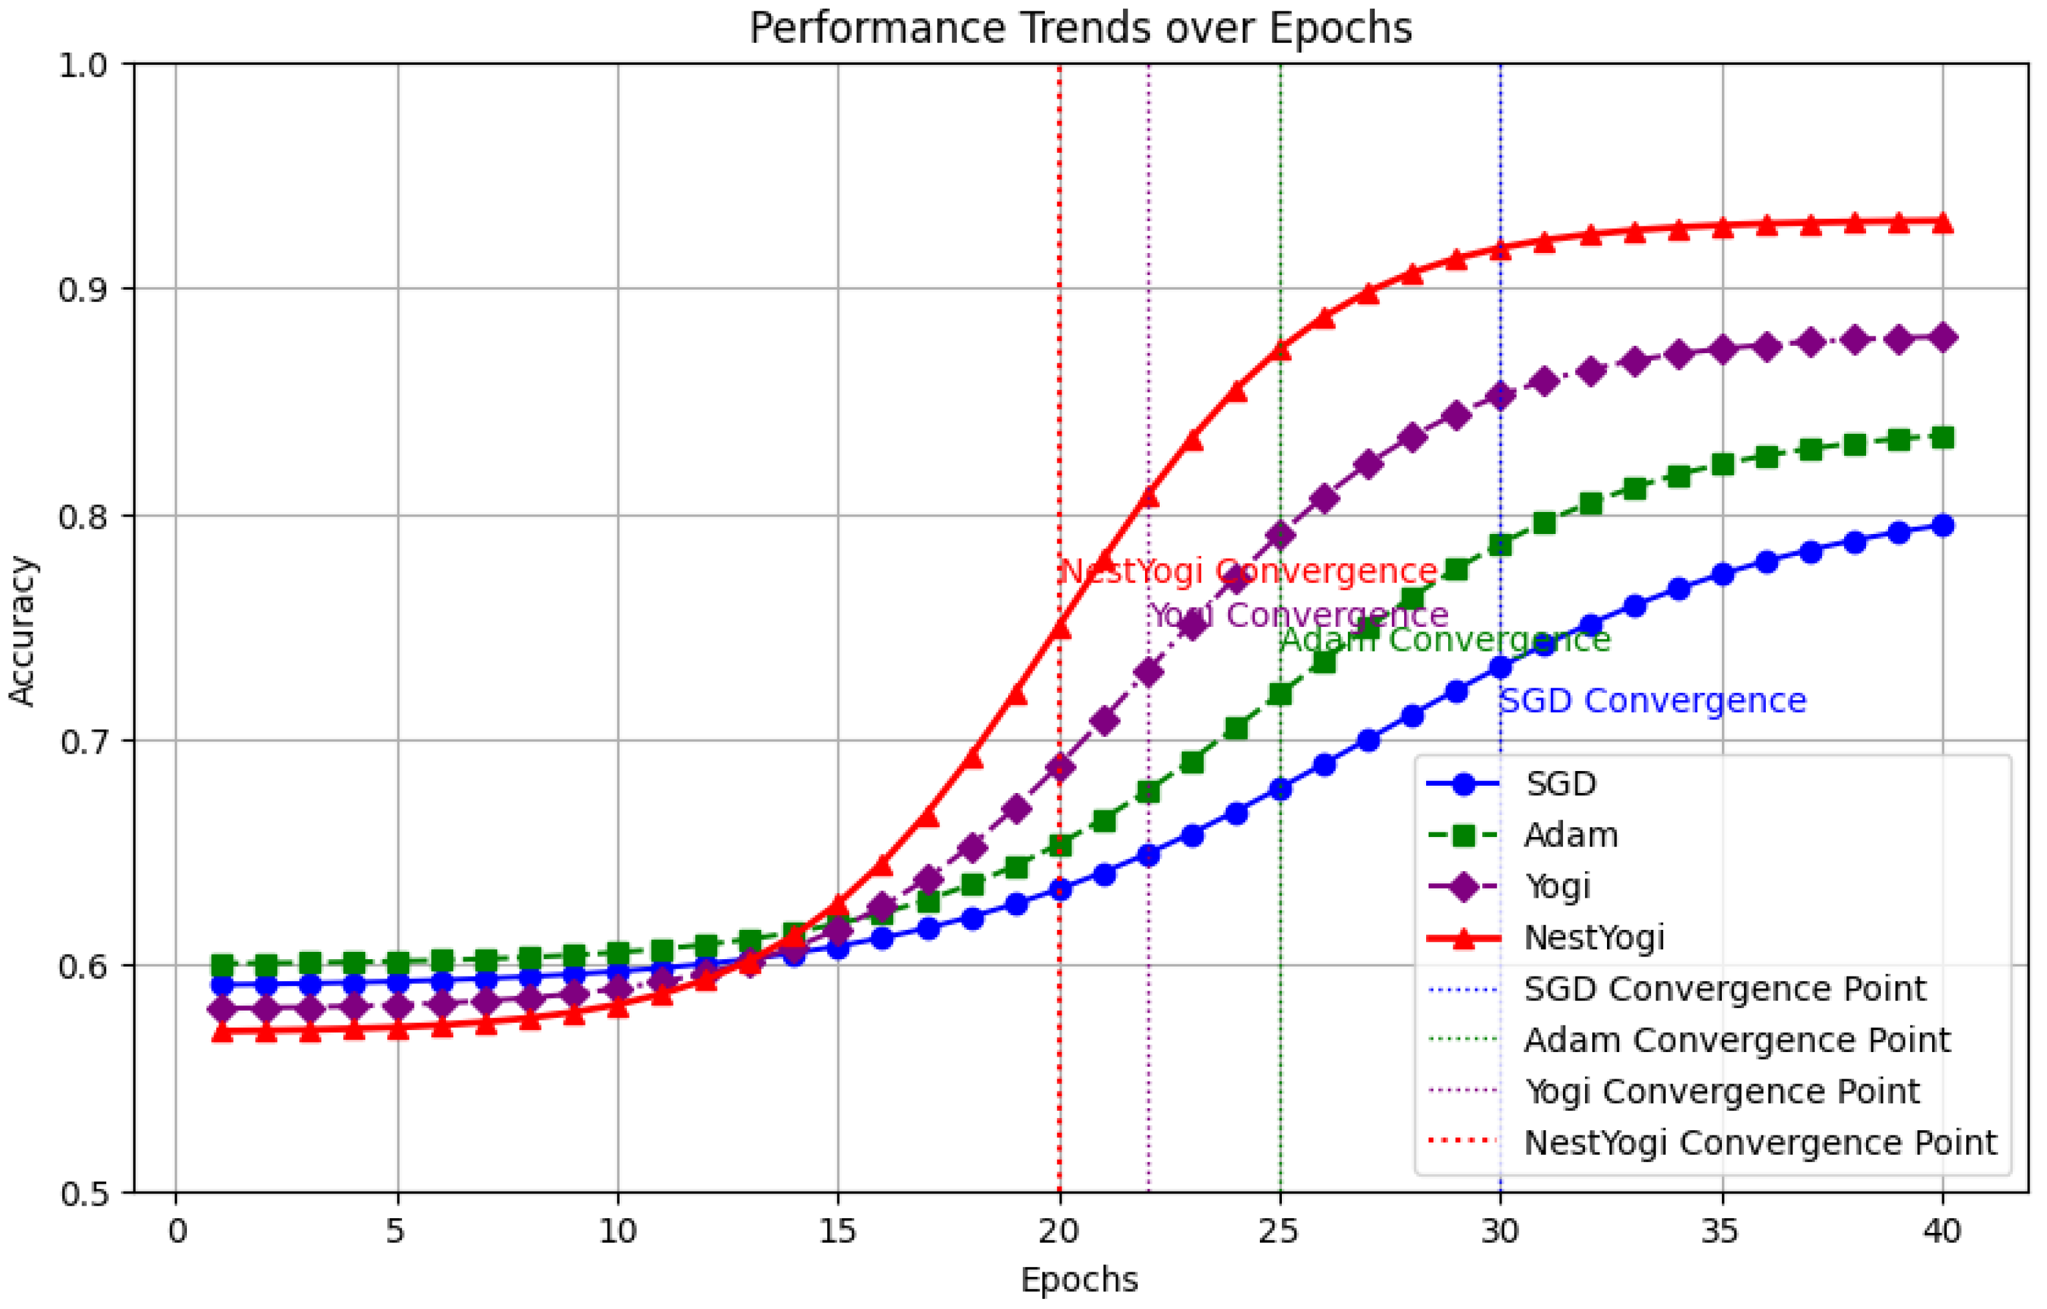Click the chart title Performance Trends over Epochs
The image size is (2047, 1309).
click(1080, 29)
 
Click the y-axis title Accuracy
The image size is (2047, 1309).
click(22, 630)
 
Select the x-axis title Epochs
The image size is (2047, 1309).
click(1079, 1278)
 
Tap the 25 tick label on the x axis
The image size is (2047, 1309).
click(1279, 1231)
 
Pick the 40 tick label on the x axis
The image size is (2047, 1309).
click(1942, 1231)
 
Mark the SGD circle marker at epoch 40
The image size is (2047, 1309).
click(1942, 526)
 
